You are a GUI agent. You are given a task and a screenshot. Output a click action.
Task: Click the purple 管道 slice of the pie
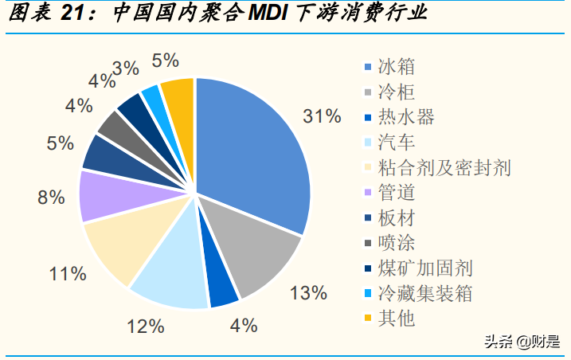coord(104,195)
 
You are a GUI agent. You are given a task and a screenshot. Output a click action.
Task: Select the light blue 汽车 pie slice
coord(171,275)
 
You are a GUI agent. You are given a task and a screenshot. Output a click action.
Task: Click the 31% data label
coord(322,116)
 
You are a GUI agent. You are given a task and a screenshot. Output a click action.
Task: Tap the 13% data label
coord(308,293)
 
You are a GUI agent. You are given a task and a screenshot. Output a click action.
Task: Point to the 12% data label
coord(146,326)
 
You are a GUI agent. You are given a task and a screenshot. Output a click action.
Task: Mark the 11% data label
coord(67,275)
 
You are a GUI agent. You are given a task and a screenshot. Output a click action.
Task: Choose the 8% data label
coord(51,198)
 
